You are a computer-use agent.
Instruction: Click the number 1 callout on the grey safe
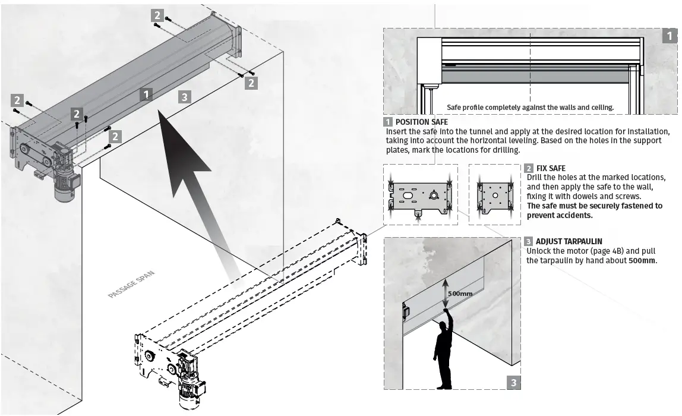(x=147, y=93)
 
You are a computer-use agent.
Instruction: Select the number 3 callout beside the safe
(x=185, y=97)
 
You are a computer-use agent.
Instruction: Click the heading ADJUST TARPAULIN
(x=569, y=241)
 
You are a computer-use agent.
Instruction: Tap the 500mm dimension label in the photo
(x=461, y=294)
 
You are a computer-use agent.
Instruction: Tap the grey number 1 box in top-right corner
(x=669, y=36)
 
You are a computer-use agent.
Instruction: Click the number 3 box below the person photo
(x=513, y=382)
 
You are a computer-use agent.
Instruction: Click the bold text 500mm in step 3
(x=642, y=260)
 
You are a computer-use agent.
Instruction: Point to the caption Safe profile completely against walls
(x=530, y=108)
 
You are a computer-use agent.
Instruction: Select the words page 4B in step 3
(x=601, y=251)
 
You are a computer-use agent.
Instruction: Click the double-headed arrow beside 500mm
(x=445, y=294)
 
